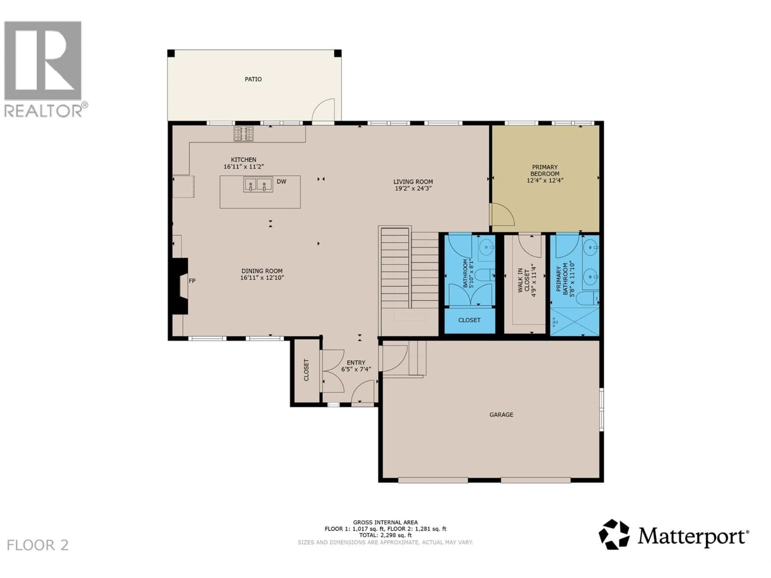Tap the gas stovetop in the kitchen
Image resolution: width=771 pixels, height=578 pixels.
tap(244, 134)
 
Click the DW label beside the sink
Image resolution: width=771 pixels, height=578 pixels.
tap(281, 181)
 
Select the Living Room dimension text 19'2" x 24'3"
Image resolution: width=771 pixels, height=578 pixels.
tap(413, 188)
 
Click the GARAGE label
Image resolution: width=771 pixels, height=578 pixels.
tap(501, 415)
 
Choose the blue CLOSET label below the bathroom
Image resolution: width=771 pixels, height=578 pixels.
tap(469, 320)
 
